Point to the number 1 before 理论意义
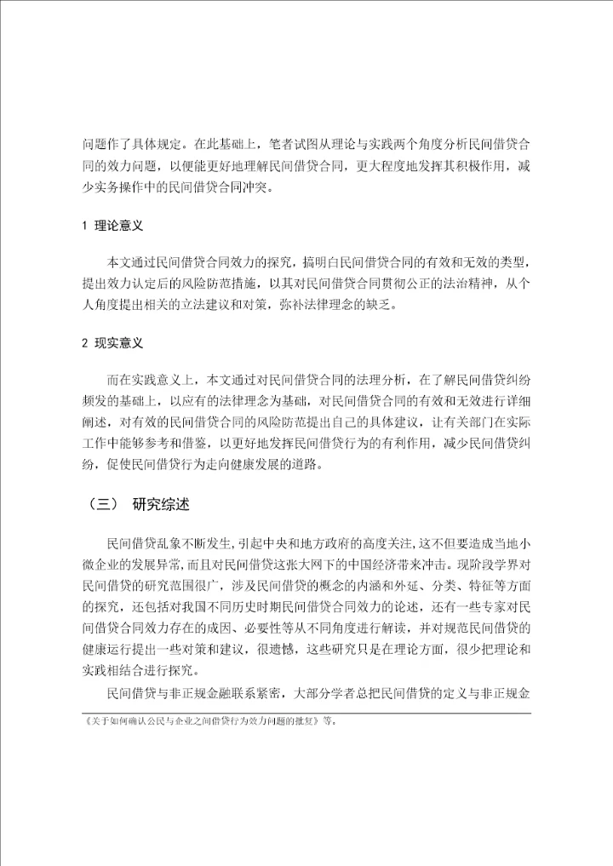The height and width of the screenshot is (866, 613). (84, 227)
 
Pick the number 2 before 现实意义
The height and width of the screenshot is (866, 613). (84, 343)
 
